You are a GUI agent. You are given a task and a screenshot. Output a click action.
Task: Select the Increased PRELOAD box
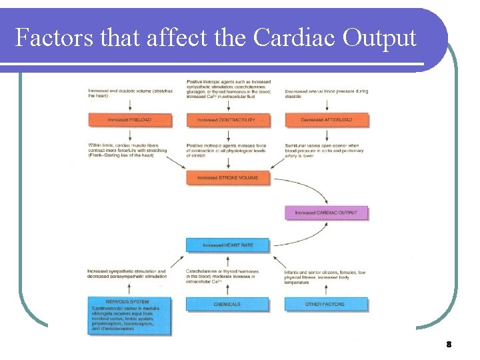point(129,120)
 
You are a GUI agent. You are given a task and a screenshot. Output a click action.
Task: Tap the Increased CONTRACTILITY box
point(227,120)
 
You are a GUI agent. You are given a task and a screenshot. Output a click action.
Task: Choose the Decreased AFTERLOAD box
point(326,120)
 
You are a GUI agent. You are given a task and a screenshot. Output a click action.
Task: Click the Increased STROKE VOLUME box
point(227,178)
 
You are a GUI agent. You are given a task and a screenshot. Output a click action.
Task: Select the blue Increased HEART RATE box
point(227,245)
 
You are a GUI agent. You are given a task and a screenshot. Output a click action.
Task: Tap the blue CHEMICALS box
point(227,304)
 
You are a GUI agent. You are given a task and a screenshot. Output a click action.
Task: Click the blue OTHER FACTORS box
point(326,304)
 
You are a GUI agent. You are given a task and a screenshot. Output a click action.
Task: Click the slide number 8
point(449,345)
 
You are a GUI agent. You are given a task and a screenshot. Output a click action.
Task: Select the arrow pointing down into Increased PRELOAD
point(129,106)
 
